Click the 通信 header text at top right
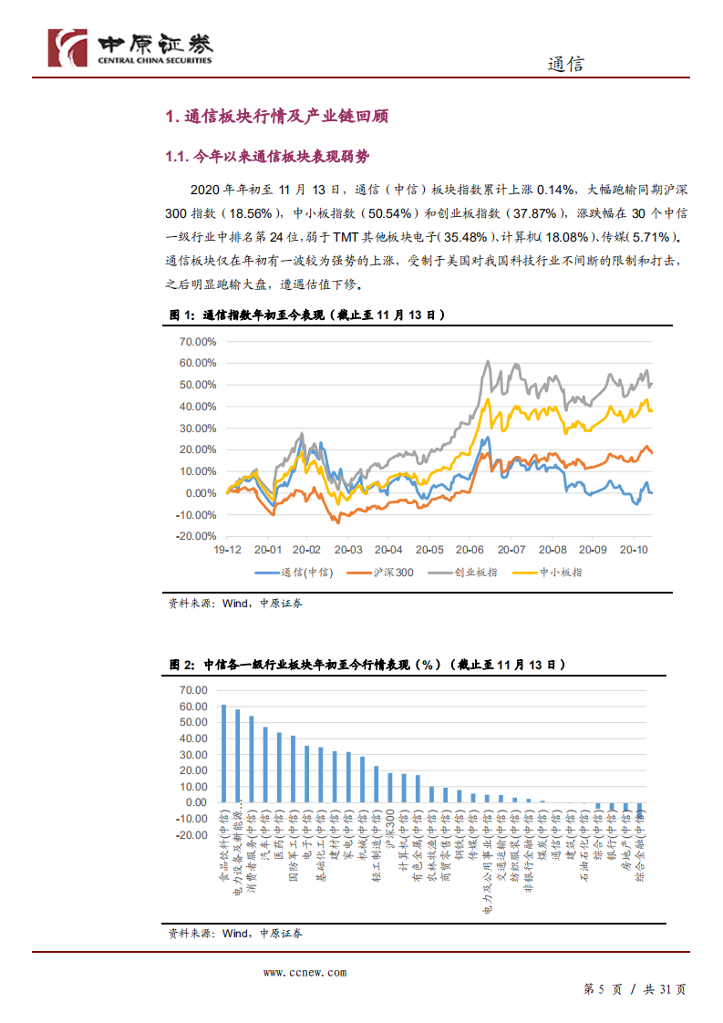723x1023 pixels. [x=565, y=64]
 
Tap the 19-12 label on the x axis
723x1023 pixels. [x=228, y=551]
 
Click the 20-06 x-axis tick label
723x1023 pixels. [x=471, y=551]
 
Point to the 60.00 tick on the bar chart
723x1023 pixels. [x=194, y=707]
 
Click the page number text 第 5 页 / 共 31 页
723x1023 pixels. [x=635, y=989]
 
